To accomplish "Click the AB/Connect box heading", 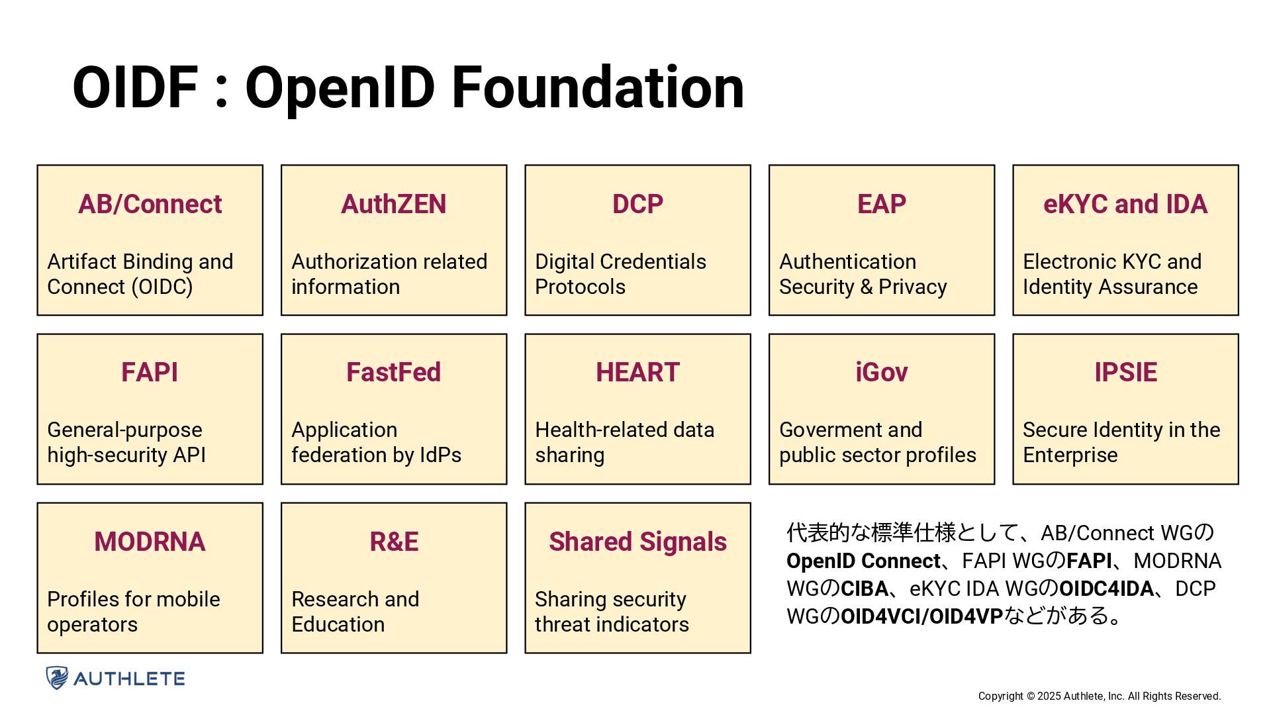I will (150, 204).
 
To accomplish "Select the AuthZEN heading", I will (393, 204).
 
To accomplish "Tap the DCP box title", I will (637, 204).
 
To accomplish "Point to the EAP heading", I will (881, 204).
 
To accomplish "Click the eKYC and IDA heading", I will (1125, 204).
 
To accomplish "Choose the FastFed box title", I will (393, 372).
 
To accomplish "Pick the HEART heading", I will (637, 372).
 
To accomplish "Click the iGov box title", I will (881, 372).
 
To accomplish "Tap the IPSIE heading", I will (1125, 372).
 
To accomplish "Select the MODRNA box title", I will (150, 542).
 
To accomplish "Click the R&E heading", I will (393, 542).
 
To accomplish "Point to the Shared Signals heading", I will (637, 542).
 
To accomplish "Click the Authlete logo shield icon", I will (57, 678).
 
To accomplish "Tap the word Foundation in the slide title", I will (598, 87).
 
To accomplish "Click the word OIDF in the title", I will (135, 87).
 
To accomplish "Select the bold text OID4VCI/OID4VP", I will (921, 616).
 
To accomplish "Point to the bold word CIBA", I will (865, 589).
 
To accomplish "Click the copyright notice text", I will (1099, 696).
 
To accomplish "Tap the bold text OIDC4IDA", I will (1106, 589).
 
